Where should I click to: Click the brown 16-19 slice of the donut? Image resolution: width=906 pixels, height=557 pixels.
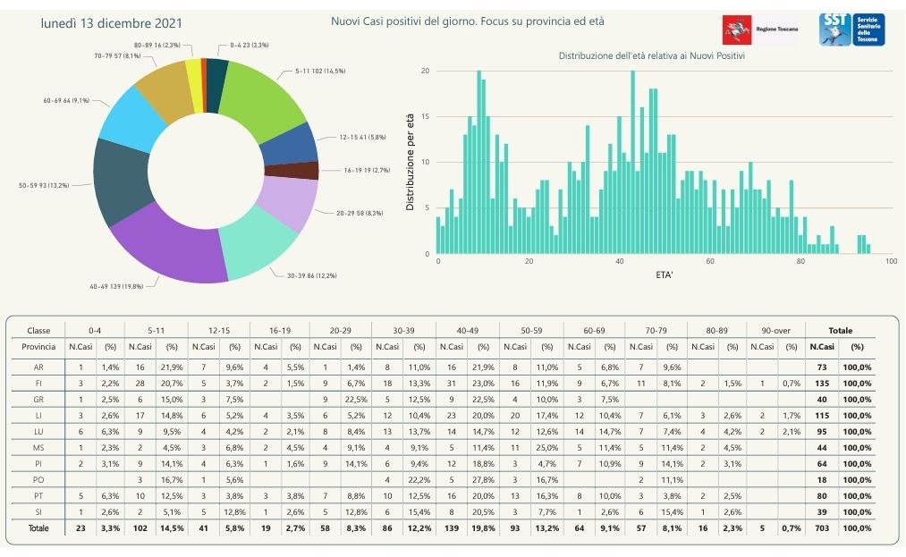(x=303, y=170)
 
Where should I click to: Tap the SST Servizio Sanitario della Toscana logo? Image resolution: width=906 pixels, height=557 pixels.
(x=851, y=30)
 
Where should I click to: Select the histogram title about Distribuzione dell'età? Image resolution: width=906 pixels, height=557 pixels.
(x=652, y=55)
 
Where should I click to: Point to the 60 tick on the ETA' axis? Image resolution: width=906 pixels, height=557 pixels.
(x=710, y=262)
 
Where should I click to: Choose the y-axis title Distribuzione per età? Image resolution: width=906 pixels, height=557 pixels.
(x=410, y=163)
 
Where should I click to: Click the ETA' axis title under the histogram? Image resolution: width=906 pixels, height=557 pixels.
(x=663, y=274)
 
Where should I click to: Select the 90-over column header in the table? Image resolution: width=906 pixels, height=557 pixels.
(x=775, y=330)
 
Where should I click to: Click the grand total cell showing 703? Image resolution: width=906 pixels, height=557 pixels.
(x=821, y=527)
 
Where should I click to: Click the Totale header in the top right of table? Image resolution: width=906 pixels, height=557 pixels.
(x=840, y=330)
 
